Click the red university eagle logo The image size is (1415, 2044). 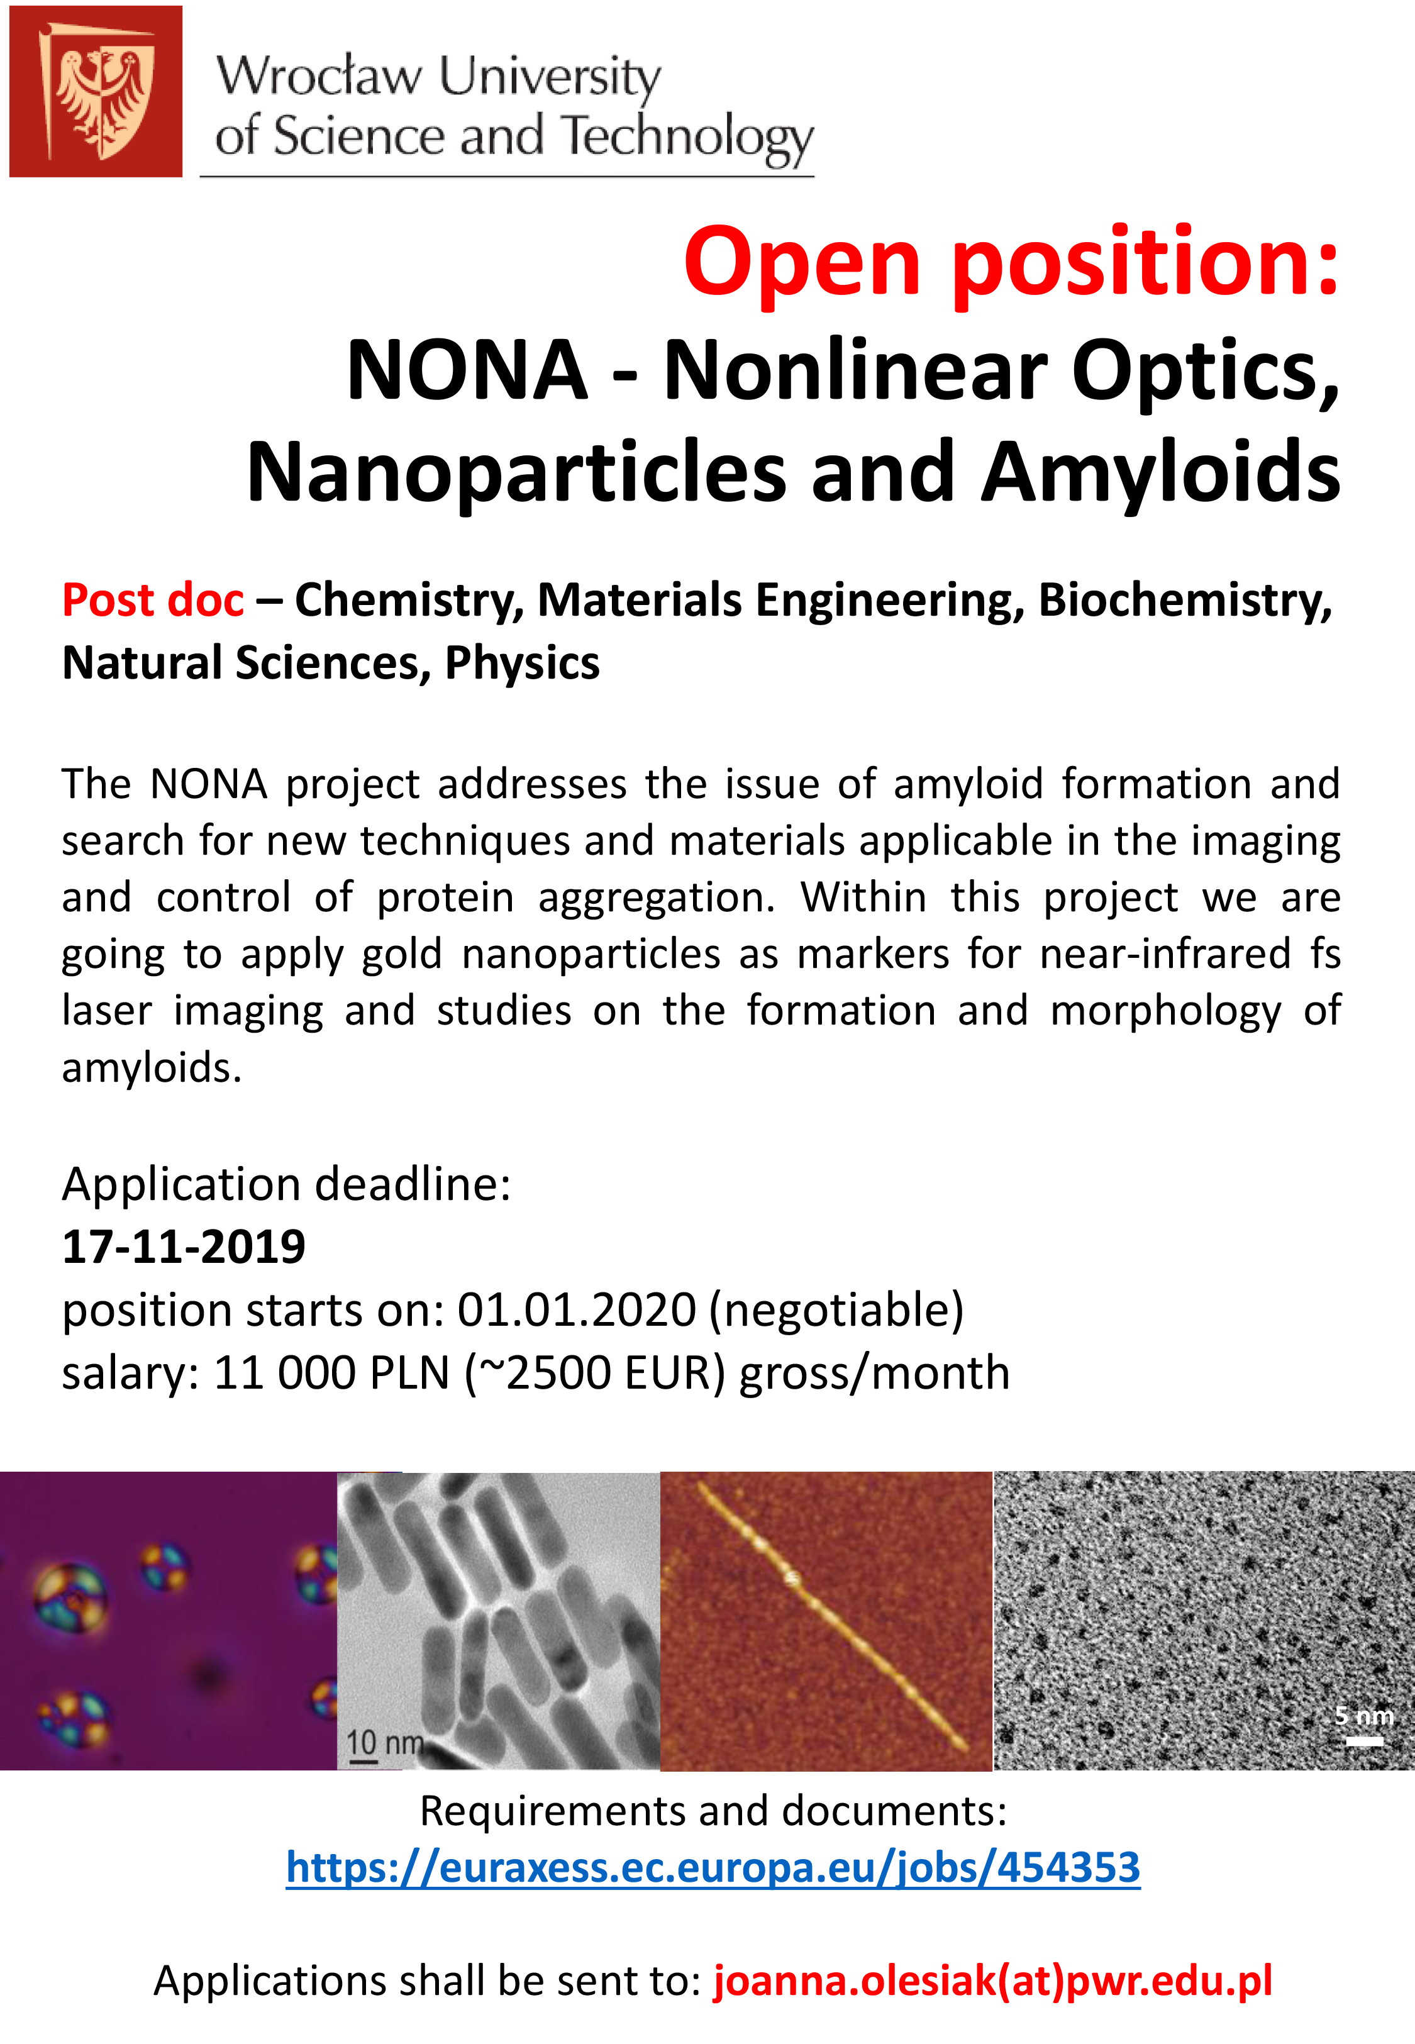tap(96, 91)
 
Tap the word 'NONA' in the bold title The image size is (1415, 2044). tap(467, 370)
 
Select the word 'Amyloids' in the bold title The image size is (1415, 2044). tap(1160, 472)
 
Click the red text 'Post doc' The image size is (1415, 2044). tap(152, 600)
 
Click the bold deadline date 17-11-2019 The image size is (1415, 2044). tap(184, 1247)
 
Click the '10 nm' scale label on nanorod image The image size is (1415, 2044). tap(384, 1743)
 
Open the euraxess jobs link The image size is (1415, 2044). tap(713, 1868)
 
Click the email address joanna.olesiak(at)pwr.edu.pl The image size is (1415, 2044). tap(993, 1981)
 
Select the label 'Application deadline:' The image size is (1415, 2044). tap(286, 1184)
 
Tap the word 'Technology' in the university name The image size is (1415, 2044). tap(688, 138)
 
